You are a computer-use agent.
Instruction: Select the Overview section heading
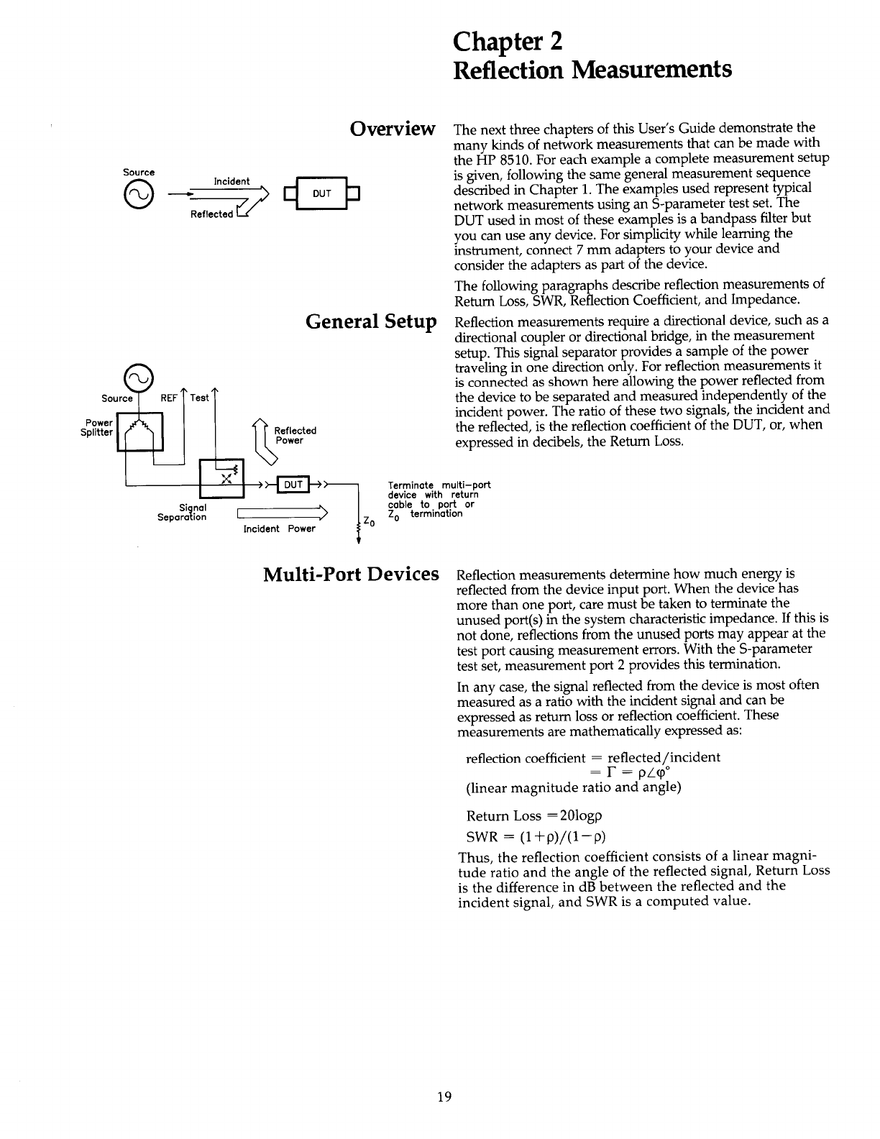[393, 129]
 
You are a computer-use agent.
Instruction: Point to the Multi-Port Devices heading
[352, 575]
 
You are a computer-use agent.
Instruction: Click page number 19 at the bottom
[444, 1097]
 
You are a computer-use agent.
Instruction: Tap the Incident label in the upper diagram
[232, 181]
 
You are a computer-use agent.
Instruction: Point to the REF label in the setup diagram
[168, 398]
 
